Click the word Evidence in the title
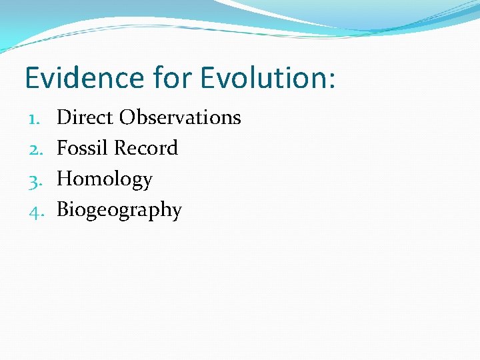click(83, 78)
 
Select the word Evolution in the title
click(261, 78)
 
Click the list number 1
click(35, 118)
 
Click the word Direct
click(85, 117)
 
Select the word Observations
click(180, 117)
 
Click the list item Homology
click(105, 180)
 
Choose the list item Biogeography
click(119, 211)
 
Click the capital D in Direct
click(64, 117)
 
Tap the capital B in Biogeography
click(63, 210)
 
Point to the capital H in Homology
click(65, 179)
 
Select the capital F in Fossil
click(63, 148)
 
